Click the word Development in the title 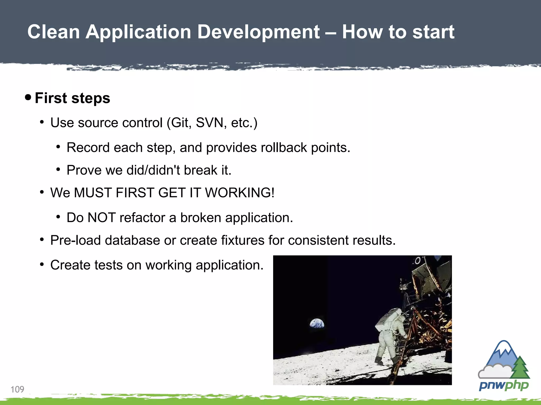coord(258,32)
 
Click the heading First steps coord(72,98)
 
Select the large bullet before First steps coord(28,97)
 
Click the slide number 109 coord(17,389)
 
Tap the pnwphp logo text coord(503,385)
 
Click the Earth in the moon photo coord(317,323)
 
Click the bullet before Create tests coord(42,264)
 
